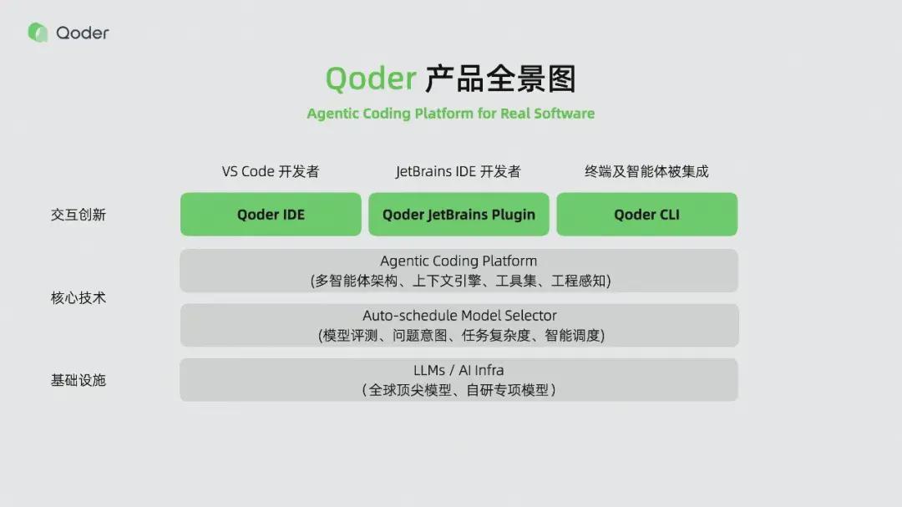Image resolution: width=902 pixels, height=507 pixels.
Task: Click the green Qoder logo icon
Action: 38,33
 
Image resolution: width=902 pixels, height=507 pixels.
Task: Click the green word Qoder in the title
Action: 370,79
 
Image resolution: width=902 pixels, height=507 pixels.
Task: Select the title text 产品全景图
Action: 500,79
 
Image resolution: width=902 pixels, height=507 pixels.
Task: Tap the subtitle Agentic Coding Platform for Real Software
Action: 450,114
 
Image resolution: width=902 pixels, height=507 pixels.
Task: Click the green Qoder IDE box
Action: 271,215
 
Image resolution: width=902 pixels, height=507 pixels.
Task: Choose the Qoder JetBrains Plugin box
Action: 459,215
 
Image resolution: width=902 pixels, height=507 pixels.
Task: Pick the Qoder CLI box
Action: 646,215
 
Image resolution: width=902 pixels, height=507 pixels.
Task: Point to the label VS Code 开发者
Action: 271,171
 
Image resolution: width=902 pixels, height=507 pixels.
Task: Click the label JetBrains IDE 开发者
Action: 458,171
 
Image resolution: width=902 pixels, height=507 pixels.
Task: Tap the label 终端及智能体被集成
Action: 646,171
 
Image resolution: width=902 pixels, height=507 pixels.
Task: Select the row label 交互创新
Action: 79,215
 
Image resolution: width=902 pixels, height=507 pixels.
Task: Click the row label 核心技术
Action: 79,297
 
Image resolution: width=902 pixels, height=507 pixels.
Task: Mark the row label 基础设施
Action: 79,380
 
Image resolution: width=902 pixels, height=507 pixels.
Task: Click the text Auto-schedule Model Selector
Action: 459,316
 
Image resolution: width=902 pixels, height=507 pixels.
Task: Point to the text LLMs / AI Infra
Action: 459,370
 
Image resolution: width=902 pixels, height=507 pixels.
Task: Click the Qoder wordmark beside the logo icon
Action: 83,33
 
